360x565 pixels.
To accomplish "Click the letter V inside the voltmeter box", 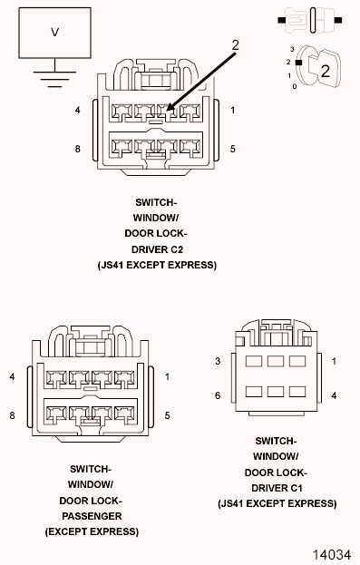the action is (x=54, y=33).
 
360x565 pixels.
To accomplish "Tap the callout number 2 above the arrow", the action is (x=236, y=45).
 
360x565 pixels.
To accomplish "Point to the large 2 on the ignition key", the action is (x=325, y=71).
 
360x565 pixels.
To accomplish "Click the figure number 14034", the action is (x=331, y=554).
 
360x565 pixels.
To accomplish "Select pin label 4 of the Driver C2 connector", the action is (x=77, y=110).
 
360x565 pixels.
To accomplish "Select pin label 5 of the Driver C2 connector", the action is (x=233, y=149).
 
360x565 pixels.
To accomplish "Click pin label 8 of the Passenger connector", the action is (x=13, y=415).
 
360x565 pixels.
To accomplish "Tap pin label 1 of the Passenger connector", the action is (x=167, y=376).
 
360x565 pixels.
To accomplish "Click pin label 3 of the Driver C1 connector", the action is (x=218, y=361).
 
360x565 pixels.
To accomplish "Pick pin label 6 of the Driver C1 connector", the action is (x=218, y=395).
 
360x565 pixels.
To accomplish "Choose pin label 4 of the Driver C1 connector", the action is (x=334, y=395).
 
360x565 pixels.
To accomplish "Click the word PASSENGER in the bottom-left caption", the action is (x=92, y=516).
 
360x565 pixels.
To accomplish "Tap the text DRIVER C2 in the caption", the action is (x=157, y=249).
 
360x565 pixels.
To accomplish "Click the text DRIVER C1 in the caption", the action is (x=277, y=488).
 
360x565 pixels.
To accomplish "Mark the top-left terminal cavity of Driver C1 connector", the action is (x=254, y=361).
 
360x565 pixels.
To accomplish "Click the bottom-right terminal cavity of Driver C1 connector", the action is (x=297, y=392).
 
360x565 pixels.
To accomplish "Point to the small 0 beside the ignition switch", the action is (x=295, y=86).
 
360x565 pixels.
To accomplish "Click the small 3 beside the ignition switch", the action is (x=292, y=49).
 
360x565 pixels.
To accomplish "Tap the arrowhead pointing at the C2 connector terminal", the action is (x=170, y=107).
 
